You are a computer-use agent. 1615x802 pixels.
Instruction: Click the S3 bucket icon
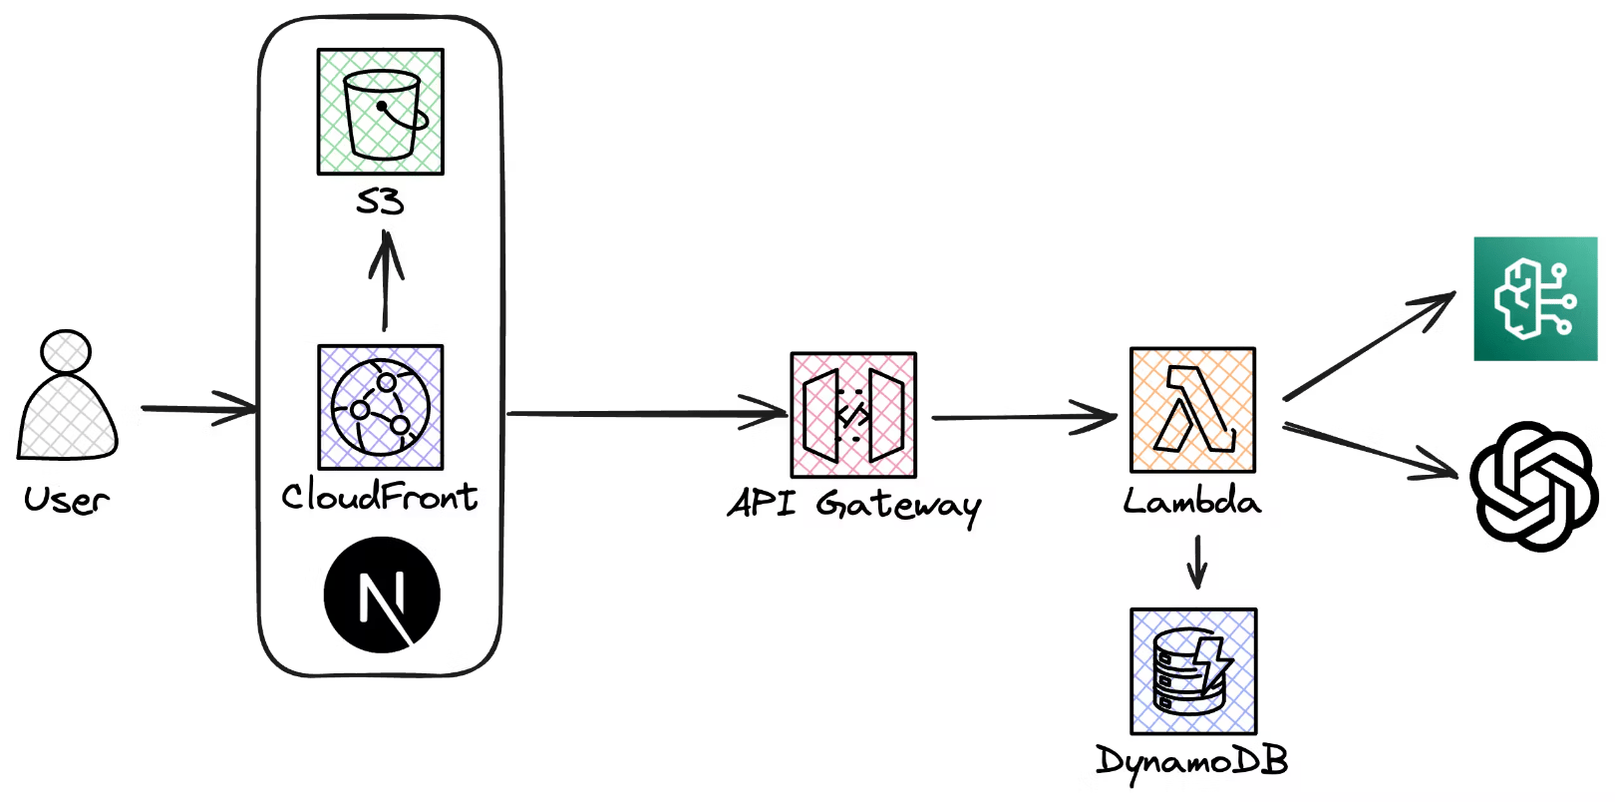[x=381, y=112]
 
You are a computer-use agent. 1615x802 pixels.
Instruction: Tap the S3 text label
[x=380, y=201]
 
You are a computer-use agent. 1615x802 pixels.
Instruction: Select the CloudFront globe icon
[x=381, y=408]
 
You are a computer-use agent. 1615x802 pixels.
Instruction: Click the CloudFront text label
[x=379, y=496]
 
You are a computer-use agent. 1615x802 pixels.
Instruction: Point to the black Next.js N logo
[x=382, y=595]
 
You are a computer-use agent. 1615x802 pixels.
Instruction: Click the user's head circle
[x=66, y=353]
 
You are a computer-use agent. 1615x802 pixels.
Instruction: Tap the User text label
[x=67, y=500]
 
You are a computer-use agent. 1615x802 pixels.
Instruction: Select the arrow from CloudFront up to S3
[x=386, y=280]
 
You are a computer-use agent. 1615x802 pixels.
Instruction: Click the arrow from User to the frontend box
[x=199, y=410]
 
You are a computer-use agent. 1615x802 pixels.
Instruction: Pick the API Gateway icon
[x=853, y=415]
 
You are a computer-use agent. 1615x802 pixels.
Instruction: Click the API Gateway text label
[x=854, y=506]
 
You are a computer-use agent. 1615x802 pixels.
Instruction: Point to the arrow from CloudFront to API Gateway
[x=647, y=413]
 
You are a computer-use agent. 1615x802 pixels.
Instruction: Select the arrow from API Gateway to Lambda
[x=1025, y=417]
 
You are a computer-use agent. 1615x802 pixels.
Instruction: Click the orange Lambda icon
[x=1193, y=410]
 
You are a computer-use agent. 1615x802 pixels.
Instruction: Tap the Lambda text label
[x=1192, y=501]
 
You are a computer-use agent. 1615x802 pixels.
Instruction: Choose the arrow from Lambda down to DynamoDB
[x=1197, y=562]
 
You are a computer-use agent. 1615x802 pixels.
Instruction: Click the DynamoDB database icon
[x=1194, y=671]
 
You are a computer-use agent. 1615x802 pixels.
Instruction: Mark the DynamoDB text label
[x=1192, y=762]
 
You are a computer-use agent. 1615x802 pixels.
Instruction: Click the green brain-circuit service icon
[x=1535, y=298]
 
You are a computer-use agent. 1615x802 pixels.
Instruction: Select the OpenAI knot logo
[x=1534, y=486]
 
